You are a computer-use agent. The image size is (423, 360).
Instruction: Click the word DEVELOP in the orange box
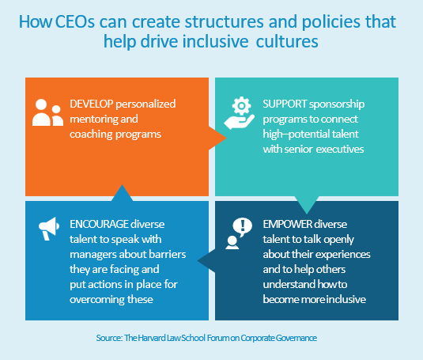point(91,104)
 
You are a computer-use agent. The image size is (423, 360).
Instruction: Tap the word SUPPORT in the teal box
point(285,104)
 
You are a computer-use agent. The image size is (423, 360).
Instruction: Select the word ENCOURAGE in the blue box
point(99,224)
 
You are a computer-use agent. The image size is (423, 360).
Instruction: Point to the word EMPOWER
point(287,224)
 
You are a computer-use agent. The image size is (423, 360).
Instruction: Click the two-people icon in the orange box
point(47,112)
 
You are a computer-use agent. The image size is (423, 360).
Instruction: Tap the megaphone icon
point(49,229)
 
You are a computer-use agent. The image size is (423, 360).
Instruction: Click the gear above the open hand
point(241,106)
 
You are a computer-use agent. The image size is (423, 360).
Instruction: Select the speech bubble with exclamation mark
point(243,226)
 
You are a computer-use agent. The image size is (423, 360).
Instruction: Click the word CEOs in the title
point(75,21)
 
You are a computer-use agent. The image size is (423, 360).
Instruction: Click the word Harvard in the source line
point(151,338)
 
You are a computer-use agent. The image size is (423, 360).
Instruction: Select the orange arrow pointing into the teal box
point(217,138)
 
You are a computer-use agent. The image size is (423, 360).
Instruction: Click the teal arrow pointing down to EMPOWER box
point(307,205)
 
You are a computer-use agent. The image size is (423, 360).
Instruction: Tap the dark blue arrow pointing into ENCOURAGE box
point(206,260)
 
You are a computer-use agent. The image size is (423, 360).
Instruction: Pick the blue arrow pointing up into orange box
point(122,193)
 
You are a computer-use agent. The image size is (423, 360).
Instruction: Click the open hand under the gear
point(239,122)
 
